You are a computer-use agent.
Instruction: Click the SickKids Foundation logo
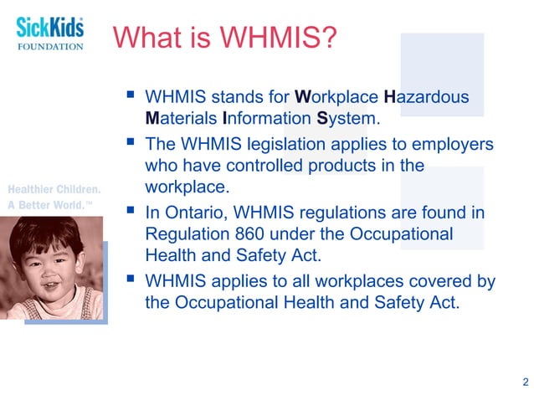click(50, 33)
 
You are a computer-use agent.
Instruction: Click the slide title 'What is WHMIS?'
click(226, 37)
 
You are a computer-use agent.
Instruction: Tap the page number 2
click(525, 382)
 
